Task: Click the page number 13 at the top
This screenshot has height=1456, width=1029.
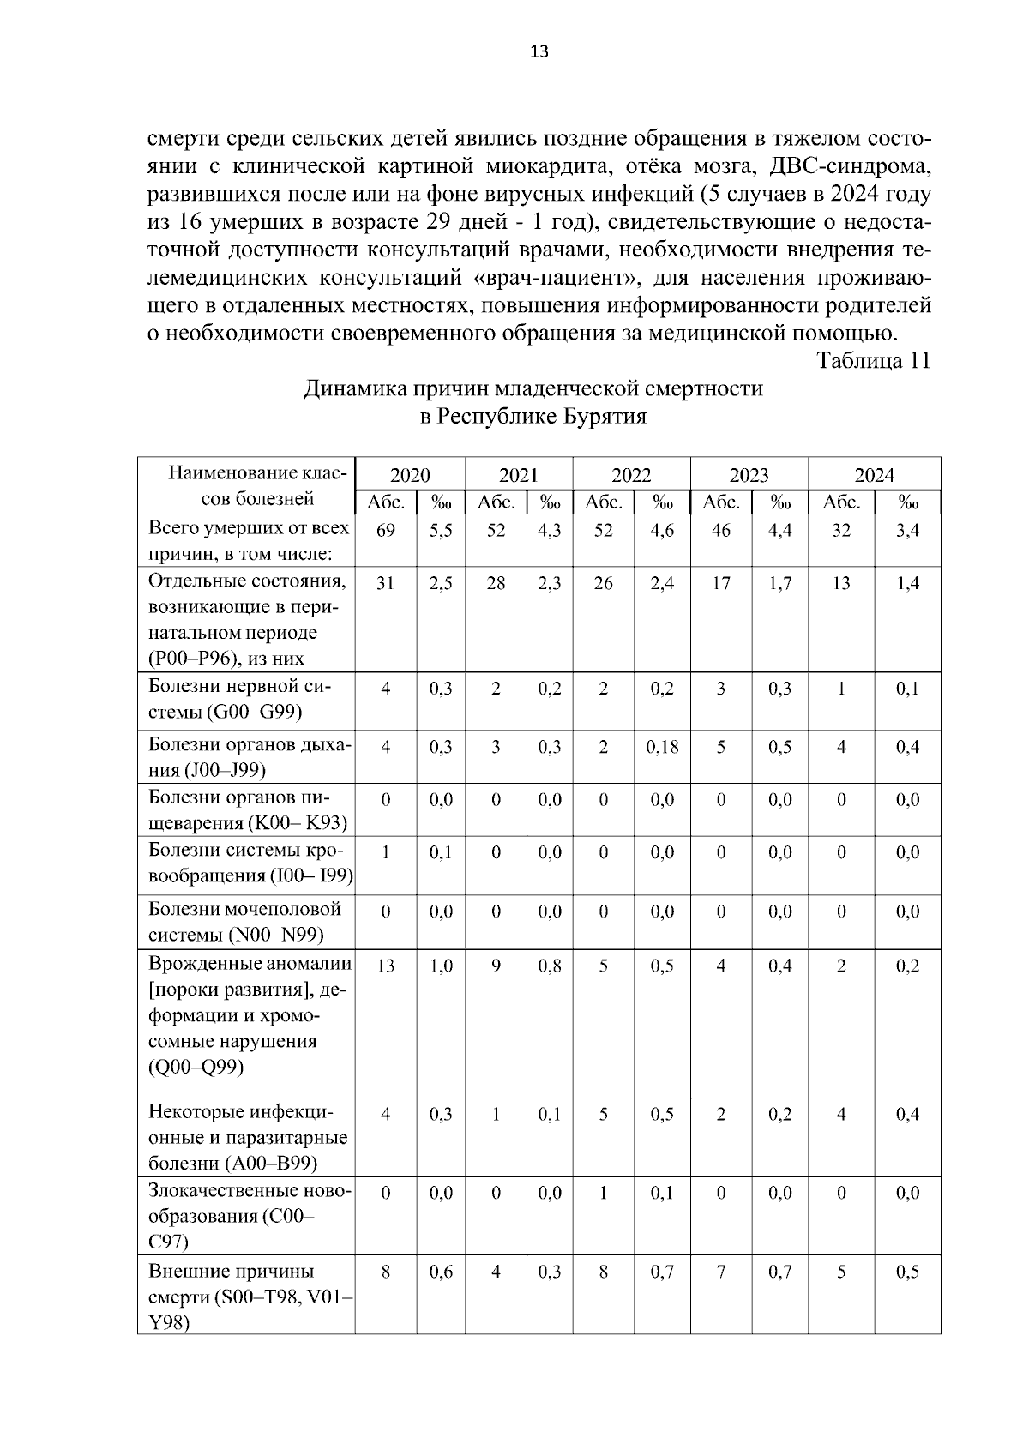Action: coord(539,51)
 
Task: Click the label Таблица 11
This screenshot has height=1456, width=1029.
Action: coord(873,360)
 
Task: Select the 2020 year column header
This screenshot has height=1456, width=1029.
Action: coord(410,475)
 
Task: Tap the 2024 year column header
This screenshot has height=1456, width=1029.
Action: coord(874,475)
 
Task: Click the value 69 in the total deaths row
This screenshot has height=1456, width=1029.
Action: coord(386,531)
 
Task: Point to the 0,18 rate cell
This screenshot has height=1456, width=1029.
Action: coord(662,747)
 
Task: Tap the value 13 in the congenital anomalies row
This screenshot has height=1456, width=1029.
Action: coord(386,966)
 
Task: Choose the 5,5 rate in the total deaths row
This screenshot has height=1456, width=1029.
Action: coord(442,531)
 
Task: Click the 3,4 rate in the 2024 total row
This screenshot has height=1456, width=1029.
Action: coord(907,531)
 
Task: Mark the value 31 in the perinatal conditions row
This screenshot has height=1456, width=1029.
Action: coord(386,583)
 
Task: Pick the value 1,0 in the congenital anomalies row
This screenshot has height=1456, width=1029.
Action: coord(442,966)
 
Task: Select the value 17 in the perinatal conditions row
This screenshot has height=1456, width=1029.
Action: coord(721,583)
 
